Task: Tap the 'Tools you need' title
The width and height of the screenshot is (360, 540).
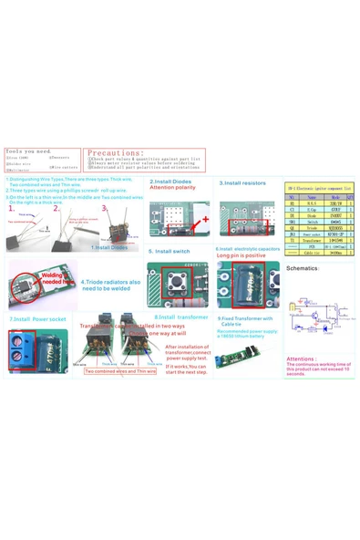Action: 28,151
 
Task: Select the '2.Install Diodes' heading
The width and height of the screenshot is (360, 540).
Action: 170,182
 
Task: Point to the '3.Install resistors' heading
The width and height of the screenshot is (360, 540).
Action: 242,182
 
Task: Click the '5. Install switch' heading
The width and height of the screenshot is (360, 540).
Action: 169,250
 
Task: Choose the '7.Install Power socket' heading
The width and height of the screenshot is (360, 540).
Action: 37,319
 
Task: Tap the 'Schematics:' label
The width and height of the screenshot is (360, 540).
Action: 302,268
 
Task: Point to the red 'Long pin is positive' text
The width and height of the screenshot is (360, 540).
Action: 241,256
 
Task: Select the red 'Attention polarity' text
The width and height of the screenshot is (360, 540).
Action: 172,188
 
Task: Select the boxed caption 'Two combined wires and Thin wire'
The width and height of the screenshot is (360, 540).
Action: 120,371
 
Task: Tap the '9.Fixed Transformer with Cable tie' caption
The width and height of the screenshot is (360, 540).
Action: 244,321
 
